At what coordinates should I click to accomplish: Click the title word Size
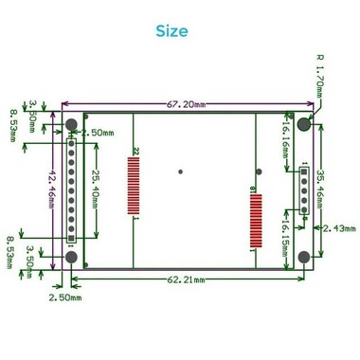click(171, 30)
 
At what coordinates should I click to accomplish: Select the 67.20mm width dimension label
click(187, 105)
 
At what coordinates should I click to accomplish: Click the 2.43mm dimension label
click(339, 228)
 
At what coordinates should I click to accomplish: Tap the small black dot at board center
click(181, 172)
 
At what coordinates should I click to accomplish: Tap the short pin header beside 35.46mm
click(304, 188)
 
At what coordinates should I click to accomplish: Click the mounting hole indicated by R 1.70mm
click(303, 123)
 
